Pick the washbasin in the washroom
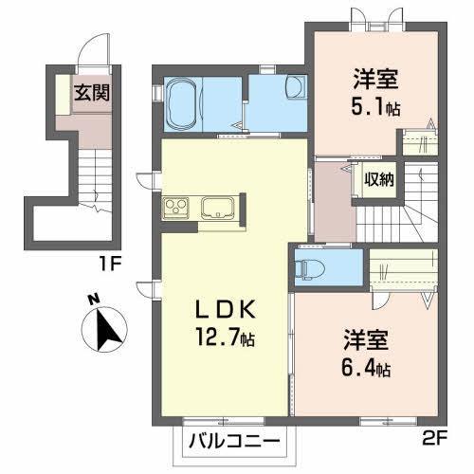tap(293, 90)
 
